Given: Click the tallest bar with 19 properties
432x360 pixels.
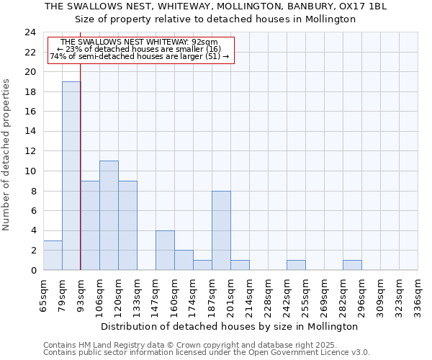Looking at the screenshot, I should (x=71, y=176).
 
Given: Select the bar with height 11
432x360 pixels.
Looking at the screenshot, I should (x=109, y=215).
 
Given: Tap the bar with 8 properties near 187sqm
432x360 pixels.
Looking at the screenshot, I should (x=221, y=230).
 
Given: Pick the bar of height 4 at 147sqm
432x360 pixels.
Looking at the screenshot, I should (x=165, y=250).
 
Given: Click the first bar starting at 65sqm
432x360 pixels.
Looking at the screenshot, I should (x=53, y=255).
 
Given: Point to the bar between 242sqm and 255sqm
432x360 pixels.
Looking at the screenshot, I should (x=296, y=265).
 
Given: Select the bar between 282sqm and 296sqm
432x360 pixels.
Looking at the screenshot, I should (x=352, y=265).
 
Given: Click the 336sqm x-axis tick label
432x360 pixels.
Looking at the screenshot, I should (x=418, y=297).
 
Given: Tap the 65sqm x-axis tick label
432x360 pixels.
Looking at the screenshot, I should (x=44, y=297).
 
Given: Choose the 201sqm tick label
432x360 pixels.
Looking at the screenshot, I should (x=231, y=297).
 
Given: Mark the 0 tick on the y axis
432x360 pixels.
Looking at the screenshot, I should (x=33, y=270).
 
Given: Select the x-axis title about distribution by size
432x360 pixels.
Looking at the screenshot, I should (x=229, y=326).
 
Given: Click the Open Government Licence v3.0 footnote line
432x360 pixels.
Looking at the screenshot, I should (x=207, y=353).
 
